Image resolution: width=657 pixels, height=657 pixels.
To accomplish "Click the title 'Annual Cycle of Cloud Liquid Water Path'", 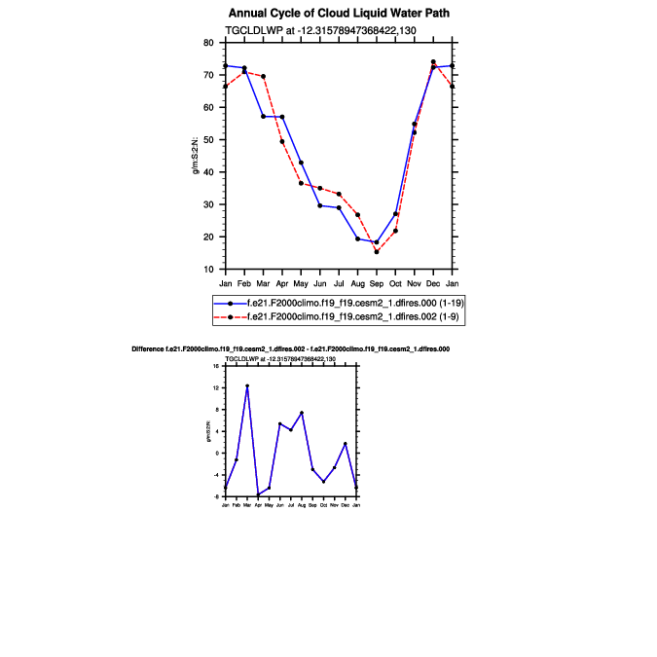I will tap(339, 14).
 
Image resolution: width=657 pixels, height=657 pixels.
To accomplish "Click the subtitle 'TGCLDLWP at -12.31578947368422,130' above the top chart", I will tap(321, 31).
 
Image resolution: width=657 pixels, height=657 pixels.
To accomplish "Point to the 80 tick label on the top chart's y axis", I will tap(208, 43).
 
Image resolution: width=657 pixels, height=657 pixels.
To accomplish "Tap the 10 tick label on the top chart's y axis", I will tap(208, 270).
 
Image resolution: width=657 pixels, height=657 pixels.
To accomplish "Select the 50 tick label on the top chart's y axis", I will tap(208, 140).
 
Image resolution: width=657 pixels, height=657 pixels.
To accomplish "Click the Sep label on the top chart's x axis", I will tap(377, 283).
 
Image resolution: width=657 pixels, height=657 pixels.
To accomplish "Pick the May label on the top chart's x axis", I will tap(301, 283).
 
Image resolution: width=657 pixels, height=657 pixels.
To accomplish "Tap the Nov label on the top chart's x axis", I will tap(415, 283).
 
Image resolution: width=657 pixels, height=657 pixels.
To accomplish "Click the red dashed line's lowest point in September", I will tap(377, 252).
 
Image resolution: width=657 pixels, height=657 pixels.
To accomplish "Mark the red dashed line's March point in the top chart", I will tap(264, 77).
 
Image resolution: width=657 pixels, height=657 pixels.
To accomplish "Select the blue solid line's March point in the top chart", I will tap(264, 117).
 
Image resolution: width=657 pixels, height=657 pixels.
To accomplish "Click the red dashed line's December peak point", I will tap(433, 62).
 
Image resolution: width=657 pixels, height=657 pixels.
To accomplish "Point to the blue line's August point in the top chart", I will tap(358, 238).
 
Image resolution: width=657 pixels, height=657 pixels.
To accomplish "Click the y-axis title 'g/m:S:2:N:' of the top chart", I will tap(196, 156).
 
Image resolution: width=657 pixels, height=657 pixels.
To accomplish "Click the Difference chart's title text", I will tap(290, 348).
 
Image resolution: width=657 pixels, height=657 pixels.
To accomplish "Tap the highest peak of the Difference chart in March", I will tap(247, 386).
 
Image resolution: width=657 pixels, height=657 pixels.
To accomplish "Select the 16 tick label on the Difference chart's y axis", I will tap(217, 366).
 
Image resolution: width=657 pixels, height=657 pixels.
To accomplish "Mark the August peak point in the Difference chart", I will tap(302, 413).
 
